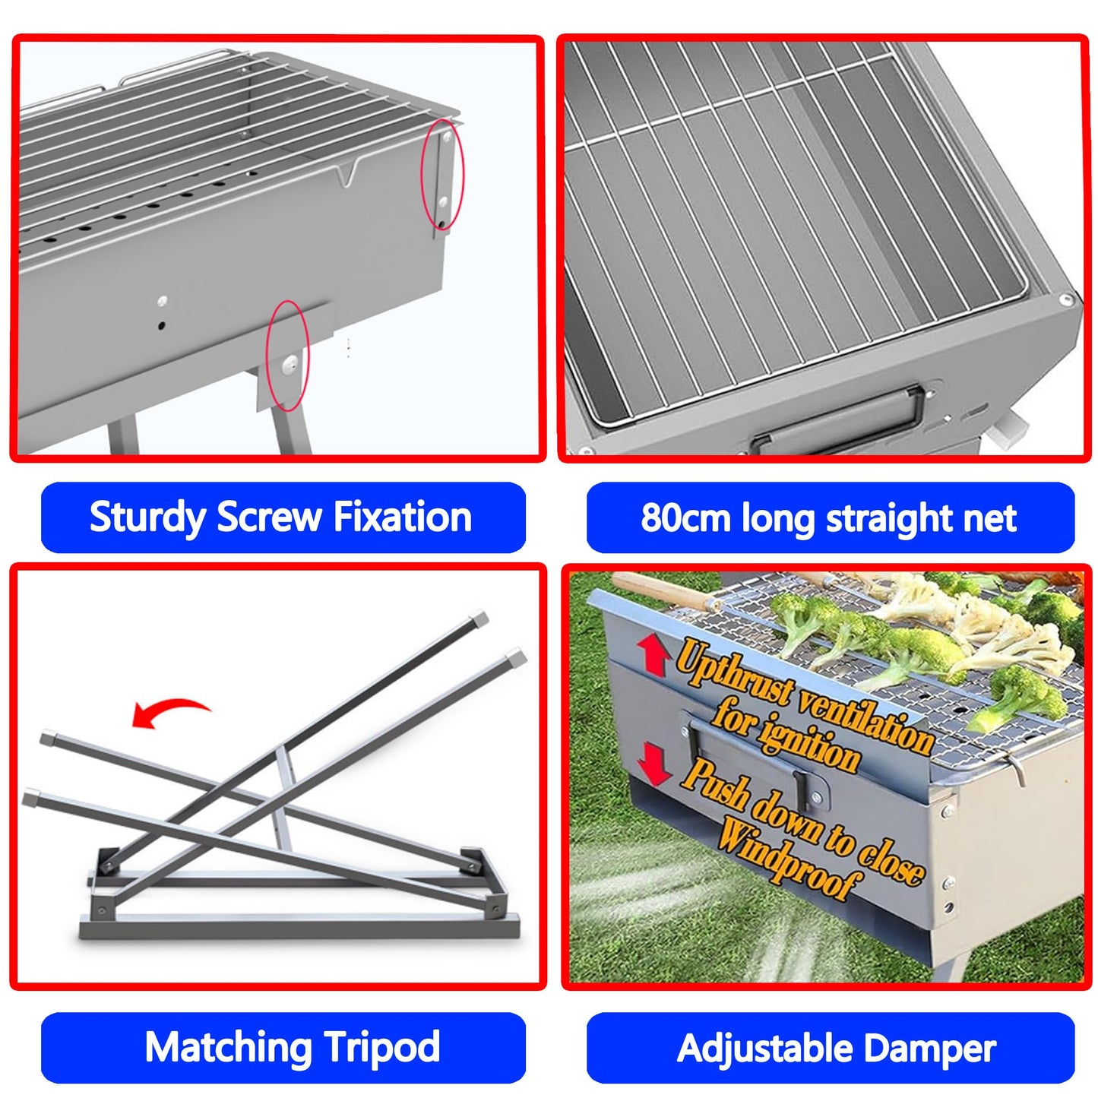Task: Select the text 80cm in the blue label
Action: click(685, 518)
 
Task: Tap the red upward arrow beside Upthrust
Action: click(653, 654)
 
